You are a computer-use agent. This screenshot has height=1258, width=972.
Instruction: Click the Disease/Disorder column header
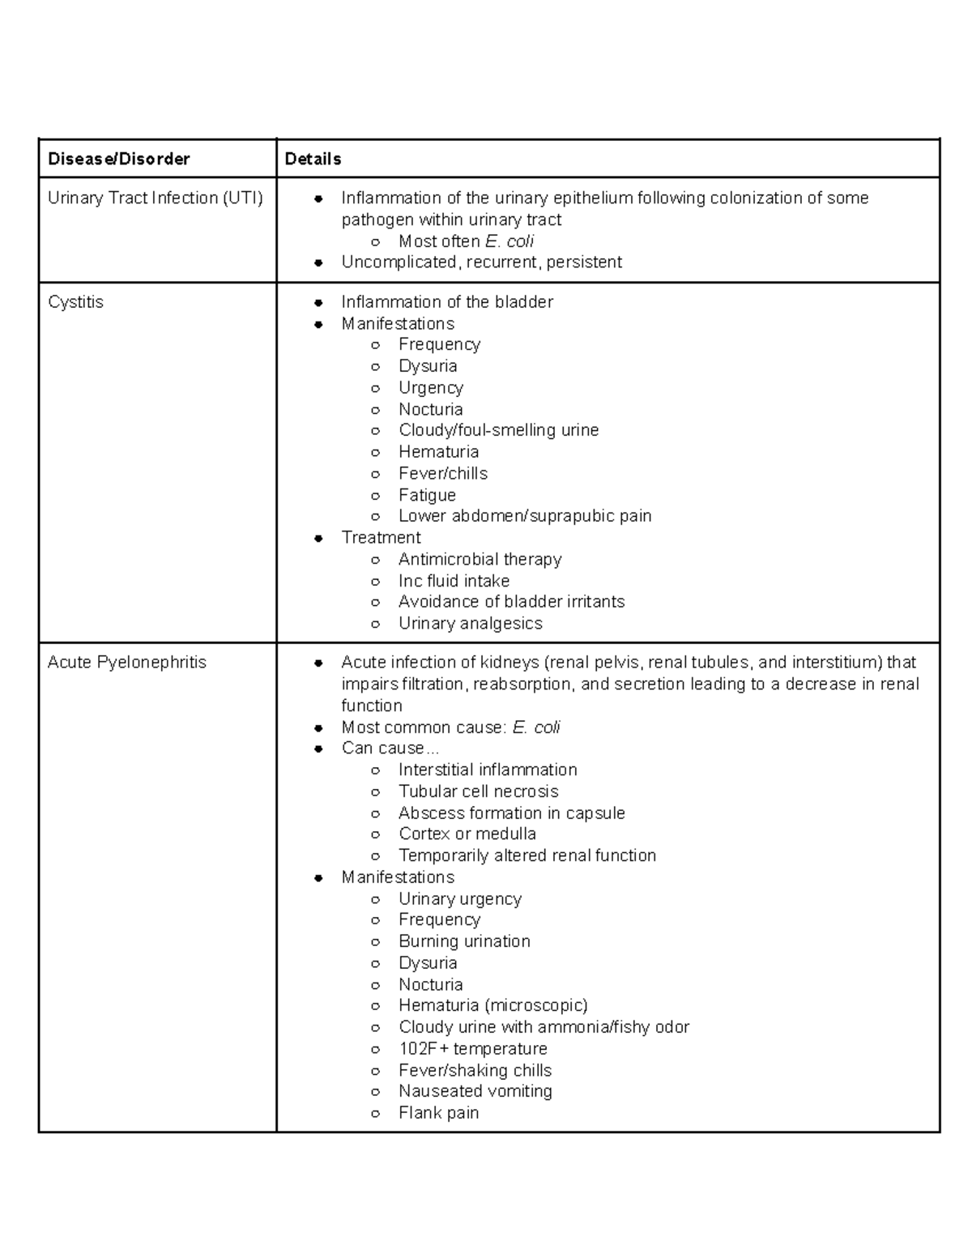[118, 159]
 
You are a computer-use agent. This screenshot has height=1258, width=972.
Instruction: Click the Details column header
[313, 159]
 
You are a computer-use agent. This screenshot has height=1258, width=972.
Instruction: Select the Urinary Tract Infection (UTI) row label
[155, 198]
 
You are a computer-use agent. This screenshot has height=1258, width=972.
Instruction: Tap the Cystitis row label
[75, 302]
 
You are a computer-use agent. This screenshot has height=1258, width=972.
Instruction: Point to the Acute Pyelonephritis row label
[126, 663]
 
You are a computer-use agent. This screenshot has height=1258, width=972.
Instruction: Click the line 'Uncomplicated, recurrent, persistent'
[481, 262]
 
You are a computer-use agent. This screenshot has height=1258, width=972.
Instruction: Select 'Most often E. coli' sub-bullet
[466, 241]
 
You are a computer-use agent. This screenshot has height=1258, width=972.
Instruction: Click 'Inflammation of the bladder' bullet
[447, 302]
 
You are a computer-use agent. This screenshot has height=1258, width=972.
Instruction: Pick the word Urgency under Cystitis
[430, 388]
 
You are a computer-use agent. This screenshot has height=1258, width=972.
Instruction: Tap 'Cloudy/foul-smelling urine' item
[498, 430]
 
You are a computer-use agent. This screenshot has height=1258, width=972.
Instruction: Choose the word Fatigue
[427, 495]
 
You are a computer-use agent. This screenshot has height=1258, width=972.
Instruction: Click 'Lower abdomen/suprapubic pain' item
[524, 516]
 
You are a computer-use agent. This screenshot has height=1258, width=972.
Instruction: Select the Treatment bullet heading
[381, 538]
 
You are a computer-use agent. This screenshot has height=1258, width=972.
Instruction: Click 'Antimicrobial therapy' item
[480, 559]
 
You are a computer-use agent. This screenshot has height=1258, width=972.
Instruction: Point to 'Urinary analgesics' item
[470, 624]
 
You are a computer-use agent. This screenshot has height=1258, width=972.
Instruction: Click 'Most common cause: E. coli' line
[450, 727]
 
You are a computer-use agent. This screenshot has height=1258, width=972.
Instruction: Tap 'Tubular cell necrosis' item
[478, 791]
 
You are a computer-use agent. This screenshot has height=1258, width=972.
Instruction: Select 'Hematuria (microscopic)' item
[492, 1005]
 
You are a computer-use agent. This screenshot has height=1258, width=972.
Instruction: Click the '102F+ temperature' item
[472, 1048]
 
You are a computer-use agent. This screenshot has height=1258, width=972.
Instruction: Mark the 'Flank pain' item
[438, 1113]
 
